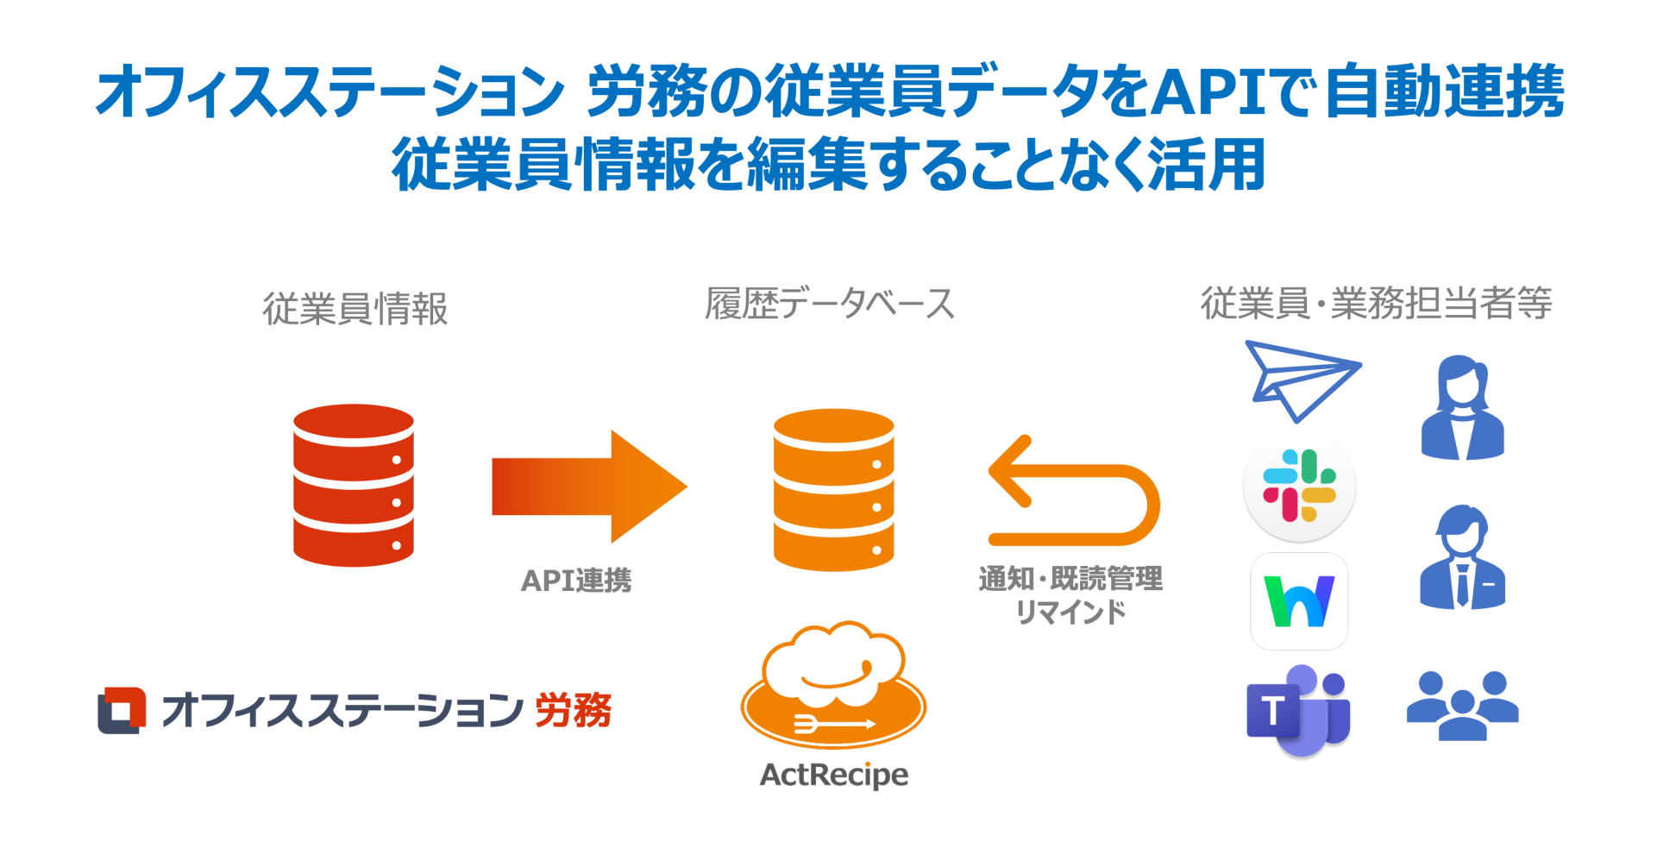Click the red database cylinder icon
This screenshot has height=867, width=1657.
pos(353,485)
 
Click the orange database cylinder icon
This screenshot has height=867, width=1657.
pos(833,489)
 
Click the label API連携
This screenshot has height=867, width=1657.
pos(576,581)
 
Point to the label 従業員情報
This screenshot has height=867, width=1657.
pos(355,309)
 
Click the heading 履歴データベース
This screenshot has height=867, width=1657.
pos(830,304)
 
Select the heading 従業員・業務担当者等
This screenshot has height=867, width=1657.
pos(1376,304)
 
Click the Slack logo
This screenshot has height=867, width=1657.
pos(1299,486)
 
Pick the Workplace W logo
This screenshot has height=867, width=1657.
pos(1299,601)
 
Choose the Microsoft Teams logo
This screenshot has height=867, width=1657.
pos(1298,711)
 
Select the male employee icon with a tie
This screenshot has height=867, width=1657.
pos(1462,558)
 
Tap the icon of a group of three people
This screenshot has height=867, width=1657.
pos(1462,705)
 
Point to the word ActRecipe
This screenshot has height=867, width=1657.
pos(833,775)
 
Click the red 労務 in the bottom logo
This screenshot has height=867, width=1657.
pos(573,711)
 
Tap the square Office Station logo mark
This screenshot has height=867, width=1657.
pos(122,710)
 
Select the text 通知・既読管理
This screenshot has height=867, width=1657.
pos(1070,578)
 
